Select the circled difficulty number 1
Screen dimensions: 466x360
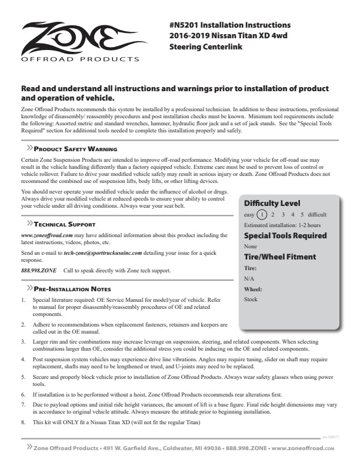tap(262, 215)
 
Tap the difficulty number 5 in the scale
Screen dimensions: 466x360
tap(302, 215)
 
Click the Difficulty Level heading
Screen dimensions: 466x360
tap(272, 204)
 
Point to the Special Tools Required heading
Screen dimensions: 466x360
tap(285, 236)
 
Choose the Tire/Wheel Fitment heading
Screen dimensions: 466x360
tap(280, 257)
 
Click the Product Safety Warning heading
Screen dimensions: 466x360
tap(75, 149)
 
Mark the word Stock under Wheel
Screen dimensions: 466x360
tap(251, 299)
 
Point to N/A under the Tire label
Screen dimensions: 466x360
tap(249, 278)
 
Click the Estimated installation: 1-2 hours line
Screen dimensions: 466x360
tap(282, 225)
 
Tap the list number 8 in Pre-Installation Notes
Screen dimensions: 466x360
tap(23, 422)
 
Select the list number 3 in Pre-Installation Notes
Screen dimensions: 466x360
tap(23, 341)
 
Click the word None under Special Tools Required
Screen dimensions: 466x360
tap(251, 247)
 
